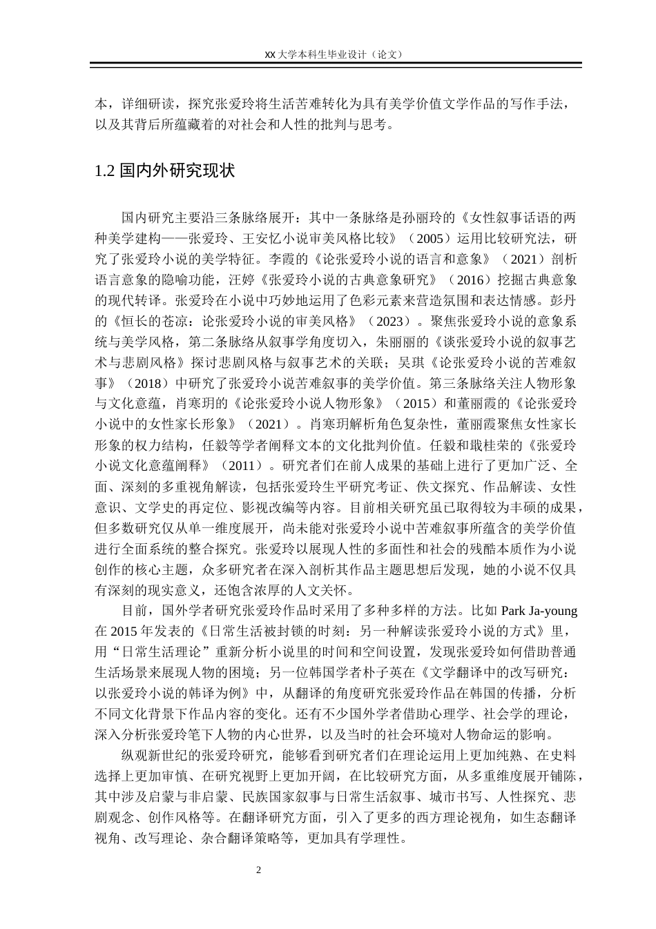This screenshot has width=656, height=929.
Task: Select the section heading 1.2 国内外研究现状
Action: coord(164,171)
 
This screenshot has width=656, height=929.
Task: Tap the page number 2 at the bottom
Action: coord(259,870)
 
